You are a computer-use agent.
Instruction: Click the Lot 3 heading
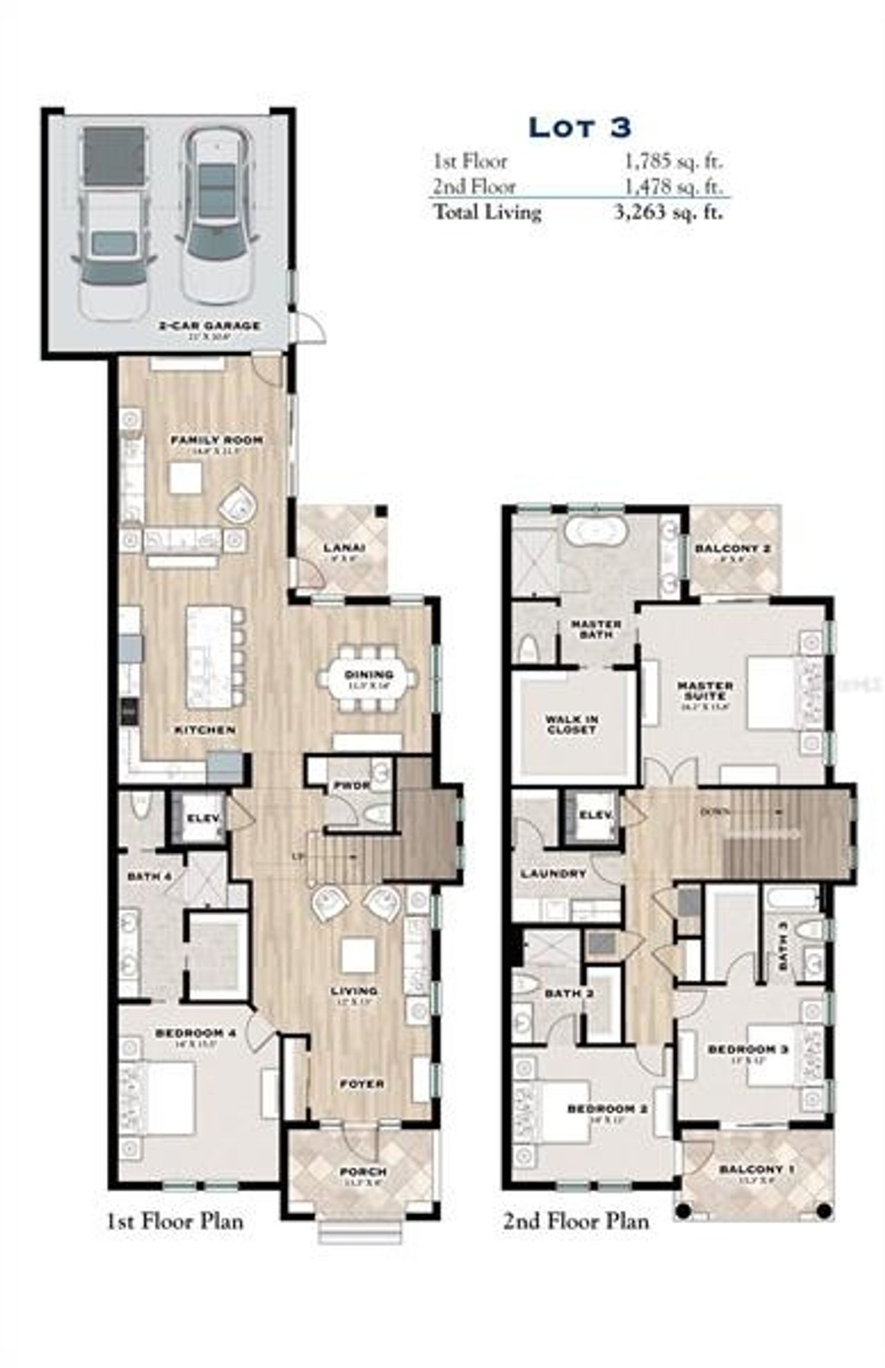pos(579,127)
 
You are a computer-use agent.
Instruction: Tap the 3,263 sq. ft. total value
pos(669,212)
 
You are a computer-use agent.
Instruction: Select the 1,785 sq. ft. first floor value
pos(673,161)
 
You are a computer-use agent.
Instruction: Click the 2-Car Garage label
pos(209,325)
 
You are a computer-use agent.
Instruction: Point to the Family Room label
pos(216,440)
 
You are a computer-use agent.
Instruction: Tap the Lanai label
pos(344,548)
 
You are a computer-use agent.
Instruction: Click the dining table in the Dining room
pos(368,677)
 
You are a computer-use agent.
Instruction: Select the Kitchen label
pos(205,729)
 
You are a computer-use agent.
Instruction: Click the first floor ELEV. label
pos(204,818)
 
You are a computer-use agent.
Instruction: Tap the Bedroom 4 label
pos(196,1033)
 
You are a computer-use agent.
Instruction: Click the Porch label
pos(363,1172)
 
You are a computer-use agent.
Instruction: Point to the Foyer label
pos(362,1084)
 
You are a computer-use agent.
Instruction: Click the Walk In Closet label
pos(572,724)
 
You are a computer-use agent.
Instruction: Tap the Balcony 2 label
pos(733,549)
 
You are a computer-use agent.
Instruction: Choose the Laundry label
pos(553,874)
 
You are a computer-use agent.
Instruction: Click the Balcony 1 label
pos(756,1169)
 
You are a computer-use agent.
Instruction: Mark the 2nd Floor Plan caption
pos(575,1221)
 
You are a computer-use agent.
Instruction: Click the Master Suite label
pos(705,691)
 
